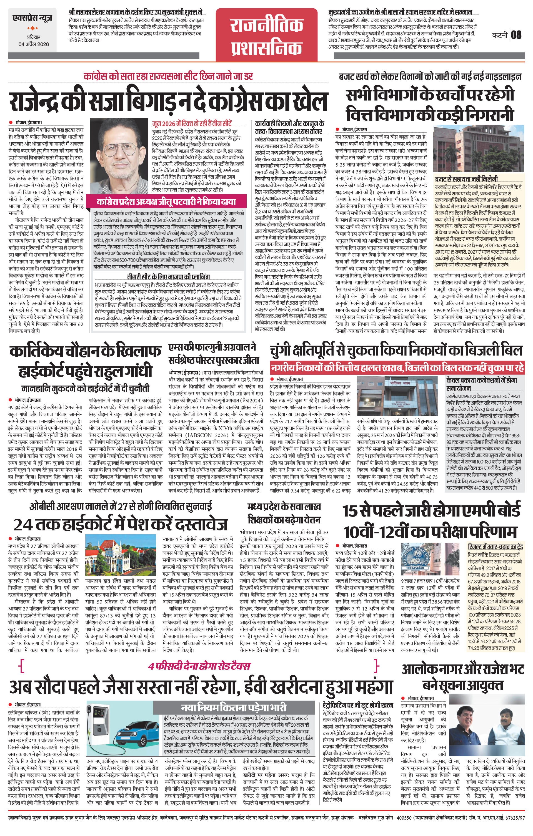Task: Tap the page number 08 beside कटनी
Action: coord(516,35)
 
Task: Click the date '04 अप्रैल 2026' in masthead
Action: coord(34,44)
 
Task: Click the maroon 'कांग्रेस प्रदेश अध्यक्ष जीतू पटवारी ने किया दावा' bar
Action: coord(167,201)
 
